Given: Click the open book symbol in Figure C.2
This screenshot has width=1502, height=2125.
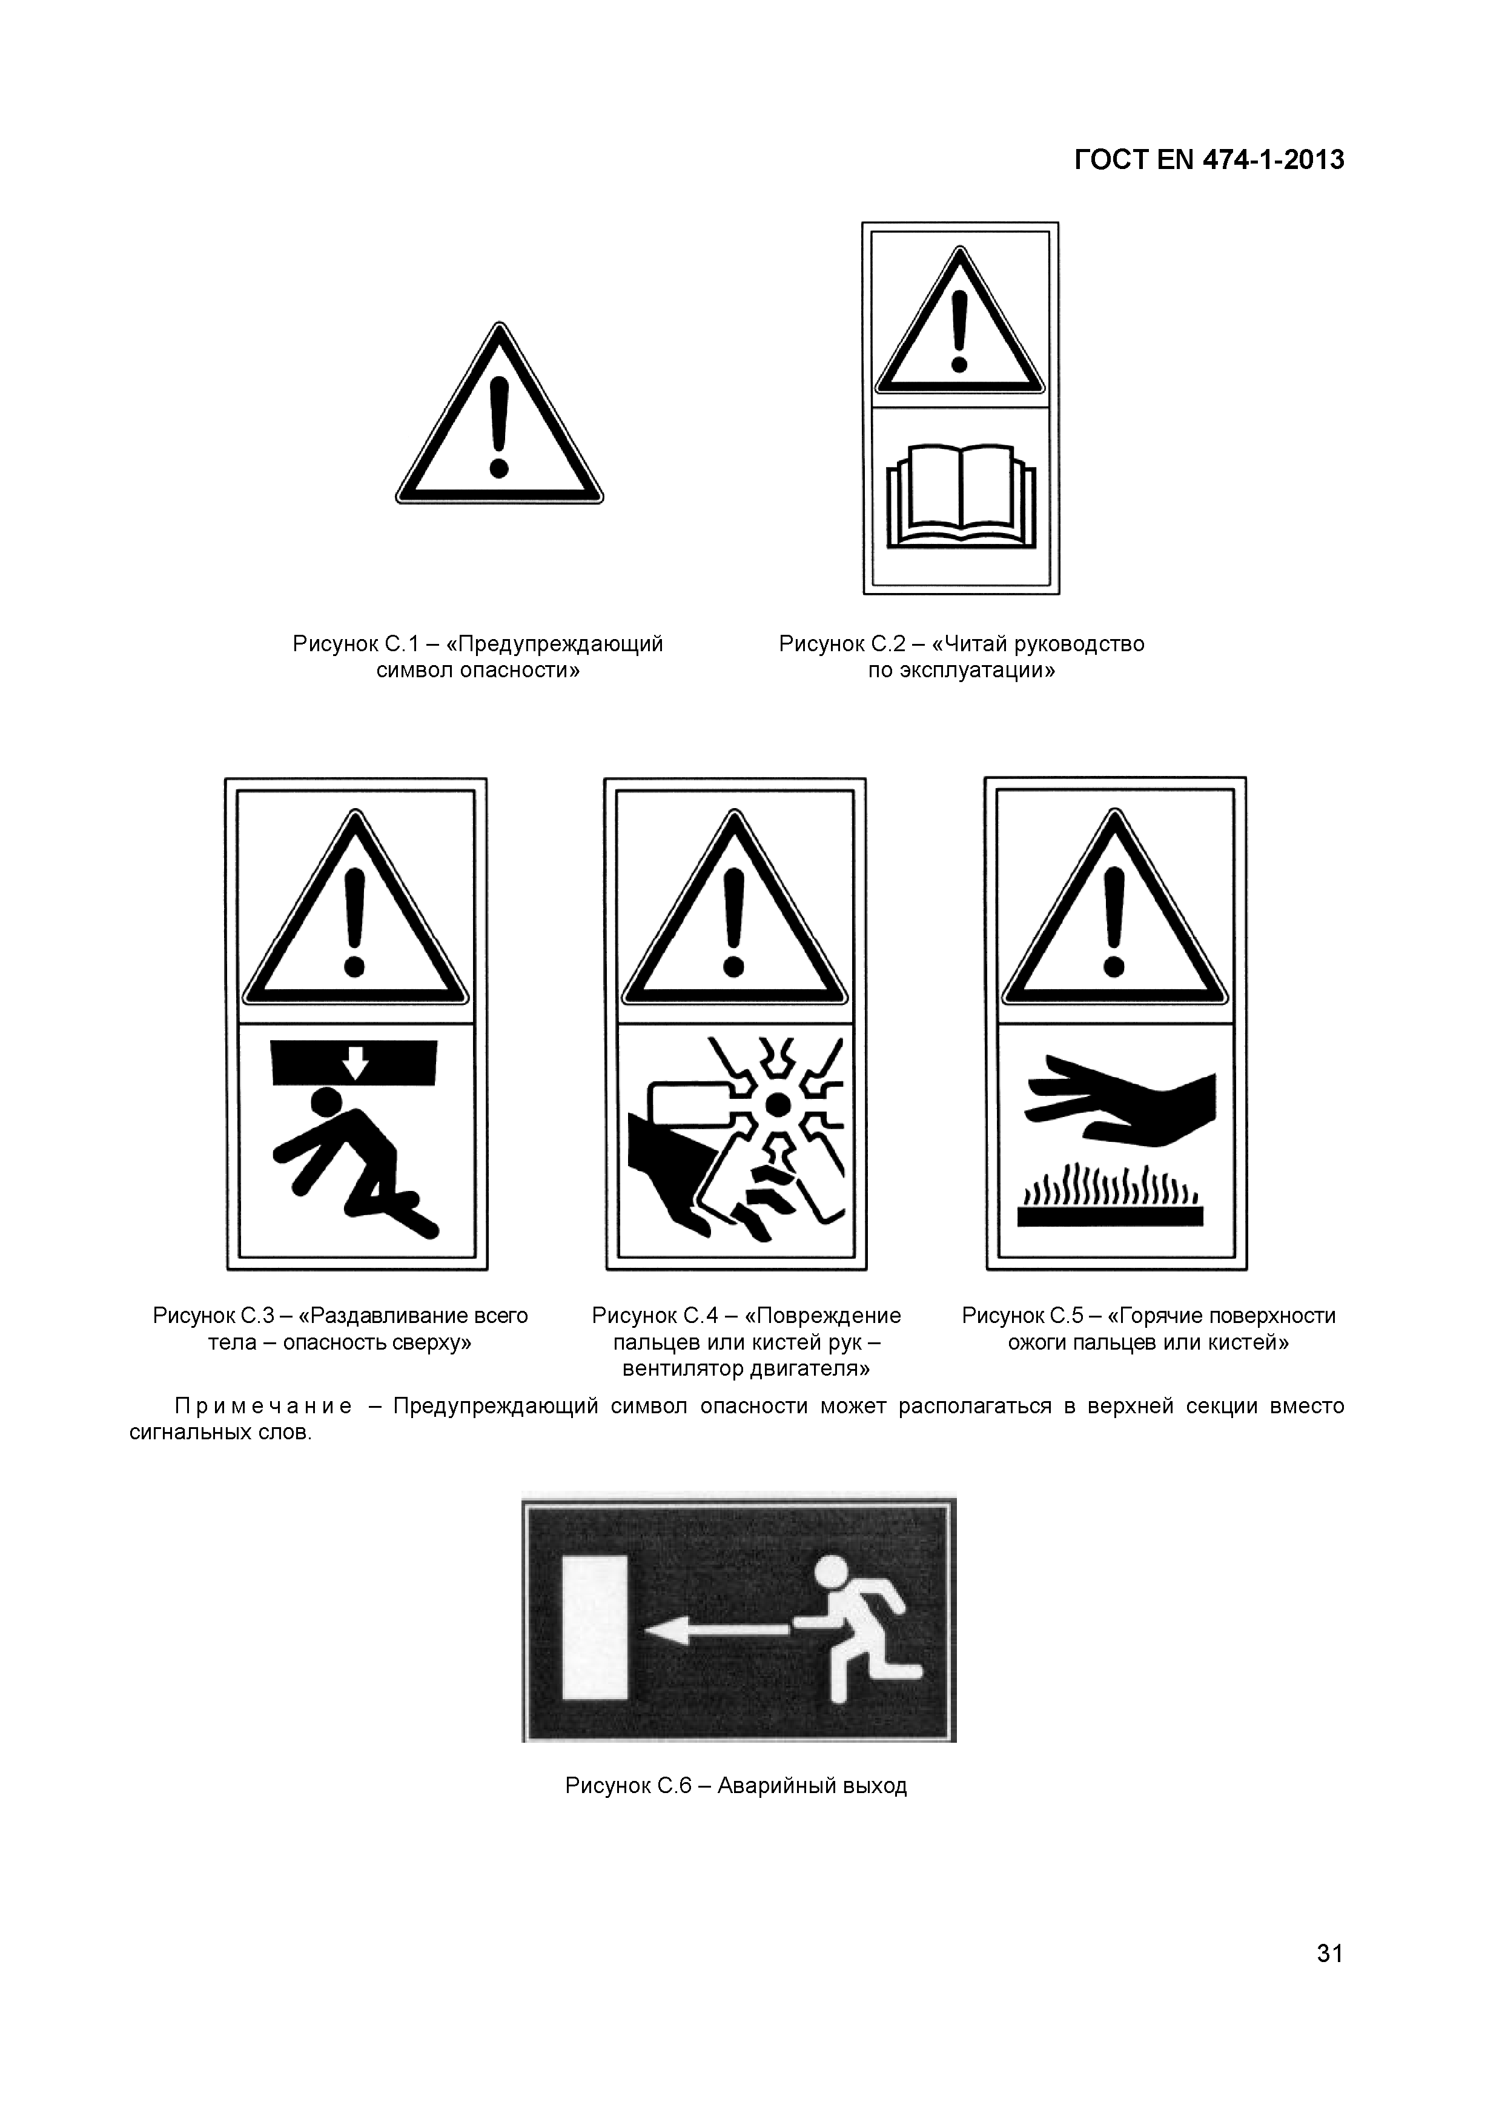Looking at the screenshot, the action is click(x=961, y=494).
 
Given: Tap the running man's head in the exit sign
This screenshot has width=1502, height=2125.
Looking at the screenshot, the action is click(x=830, y=1571).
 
